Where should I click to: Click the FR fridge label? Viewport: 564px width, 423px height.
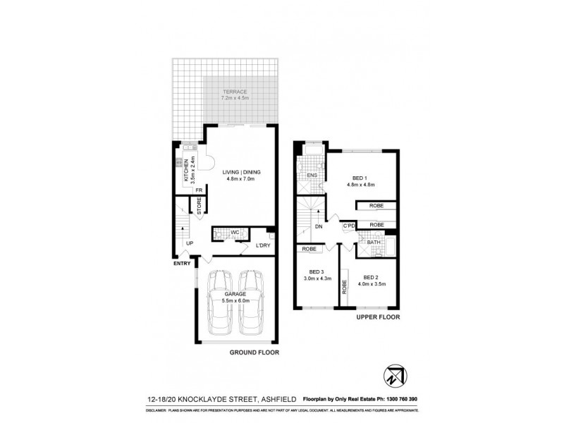point(199,190)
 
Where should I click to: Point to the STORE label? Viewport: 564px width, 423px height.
point(200,207)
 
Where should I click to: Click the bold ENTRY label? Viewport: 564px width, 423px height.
point(182,264)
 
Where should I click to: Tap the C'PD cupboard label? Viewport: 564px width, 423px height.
point(348,226)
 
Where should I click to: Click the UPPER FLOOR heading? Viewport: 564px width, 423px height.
point(379,318)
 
